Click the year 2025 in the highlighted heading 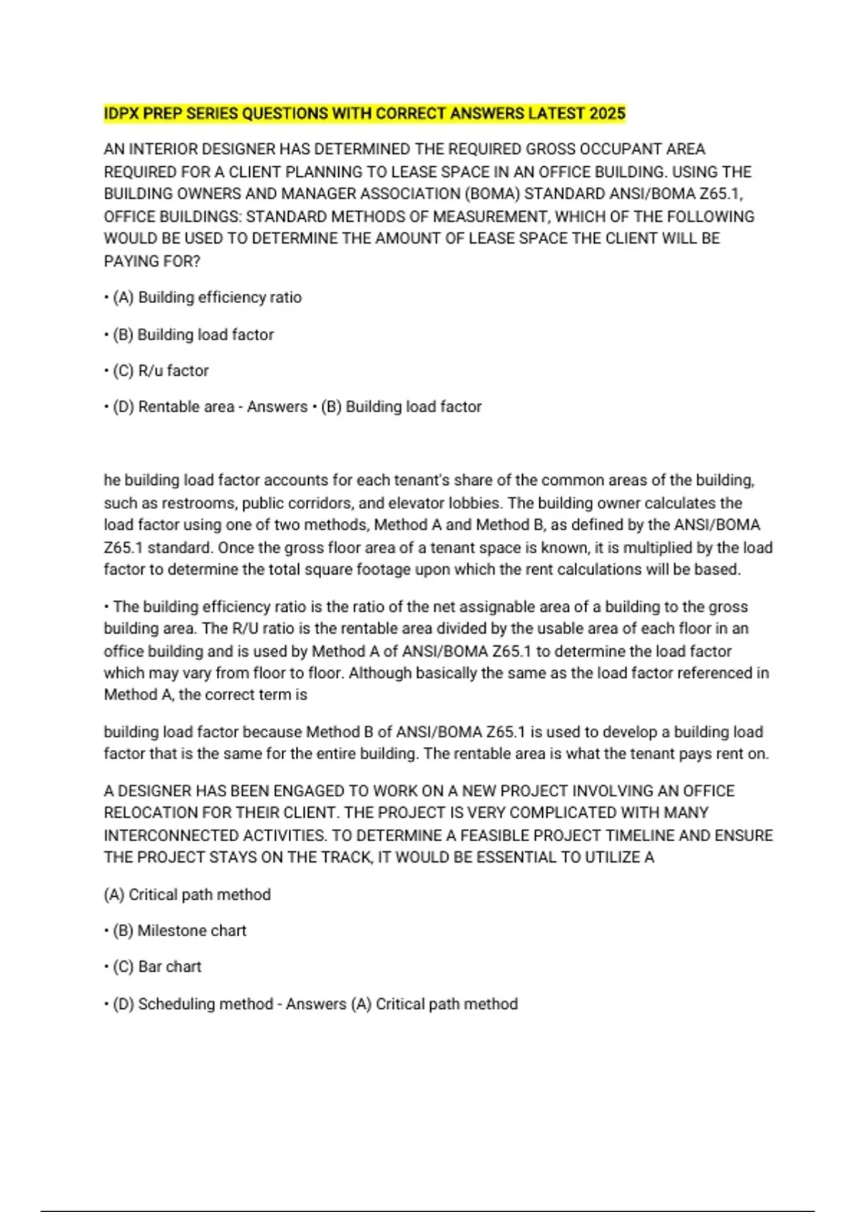point(607,114)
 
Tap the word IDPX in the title point(122,114)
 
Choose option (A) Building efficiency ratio point(207,297)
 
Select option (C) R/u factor point(160,371)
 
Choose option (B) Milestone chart point(179,931)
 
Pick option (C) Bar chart point(157,967)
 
